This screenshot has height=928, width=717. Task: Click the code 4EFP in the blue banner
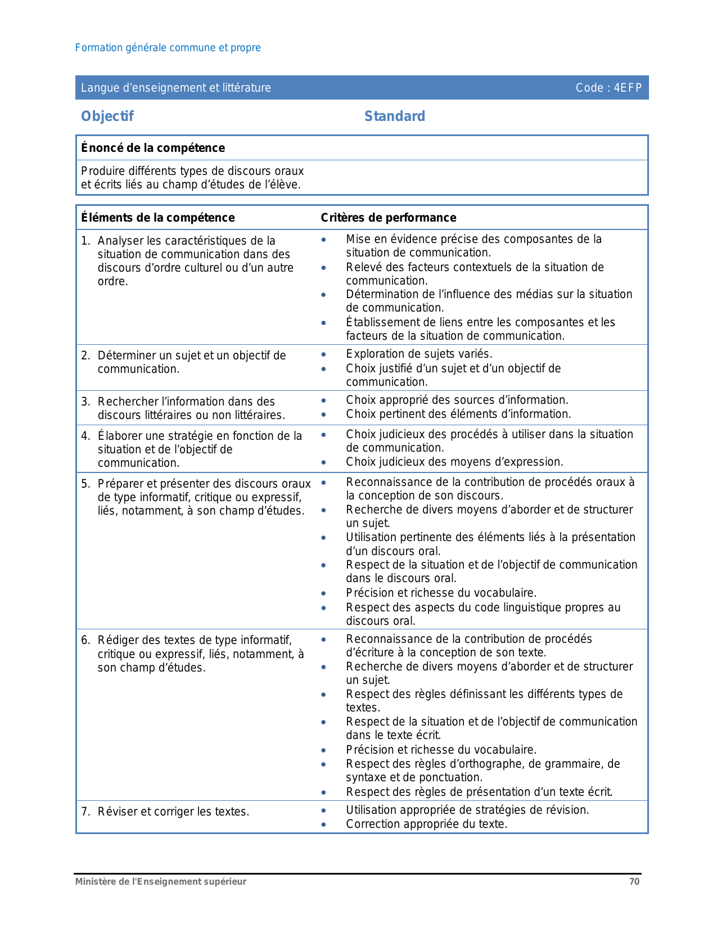click(628, 88)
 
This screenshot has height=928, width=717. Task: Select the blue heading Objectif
click(107, 116)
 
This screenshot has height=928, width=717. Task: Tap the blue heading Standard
click(395, 116)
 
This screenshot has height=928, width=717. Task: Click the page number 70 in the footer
click(634, 882)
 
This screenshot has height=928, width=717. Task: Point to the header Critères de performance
click(389, 218)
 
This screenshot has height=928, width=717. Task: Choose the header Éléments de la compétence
click(158, 218)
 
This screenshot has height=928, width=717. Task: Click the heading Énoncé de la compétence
click(153, 148)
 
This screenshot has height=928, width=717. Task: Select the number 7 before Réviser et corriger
click(85, 812)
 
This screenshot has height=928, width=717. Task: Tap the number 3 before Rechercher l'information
click(85, 402)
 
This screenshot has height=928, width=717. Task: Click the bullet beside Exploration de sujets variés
click(323, 354)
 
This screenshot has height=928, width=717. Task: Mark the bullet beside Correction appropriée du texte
click(323, 825)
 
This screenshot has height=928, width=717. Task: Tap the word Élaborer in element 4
click(119, 436)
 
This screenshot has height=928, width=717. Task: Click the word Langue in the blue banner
click(97, 88)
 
